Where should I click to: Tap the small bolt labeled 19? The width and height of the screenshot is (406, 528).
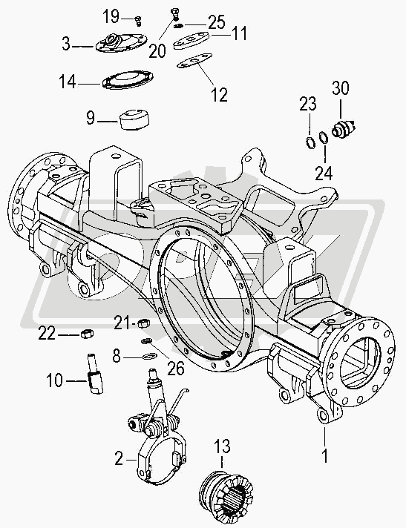click(x=138, y=20)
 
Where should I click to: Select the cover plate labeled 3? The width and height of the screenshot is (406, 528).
click(x=121, y=43)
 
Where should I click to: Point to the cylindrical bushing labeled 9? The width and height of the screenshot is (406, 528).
click(x=135, y=119)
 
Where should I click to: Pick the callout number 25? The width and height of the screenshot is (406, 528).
click(x=216, y=22)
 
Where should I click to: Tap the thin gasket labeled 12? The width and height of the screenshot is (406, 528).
click(x=194, y=60)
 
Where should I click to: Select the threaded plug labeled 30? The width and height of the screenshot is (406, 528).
click(x=344, y=128)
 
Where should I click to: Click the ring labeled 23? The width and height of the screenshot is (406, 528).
click(x=311, y=142)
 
